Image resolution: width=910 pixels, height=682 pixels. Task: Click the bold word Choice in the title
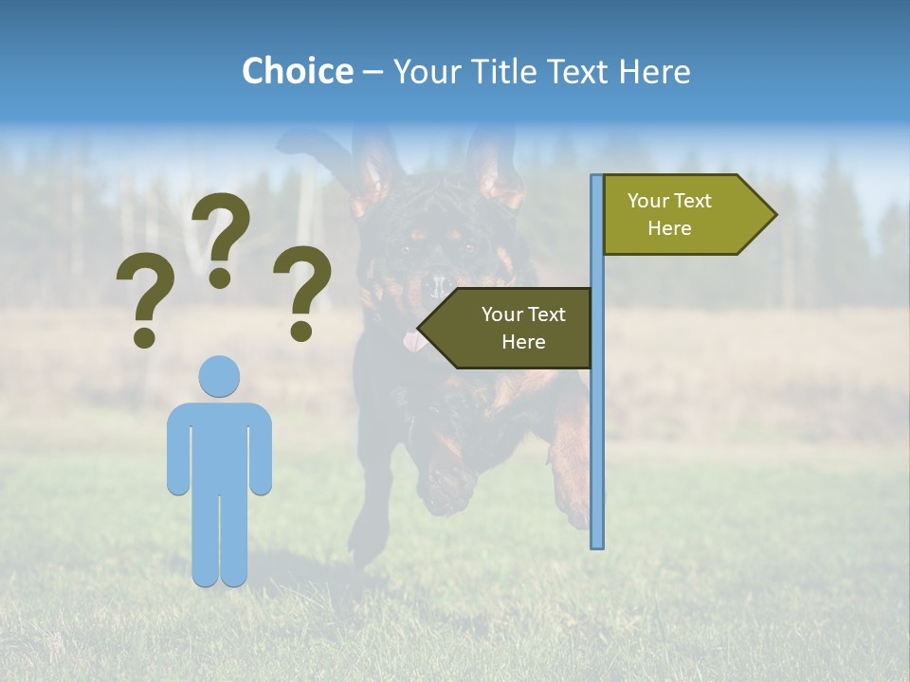tap(297, 71)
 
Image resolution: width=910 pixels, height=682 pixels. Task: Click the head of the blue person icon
tap(219, 376)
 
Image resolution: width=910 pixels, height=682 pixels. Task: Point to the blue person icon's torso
tap(219, 445)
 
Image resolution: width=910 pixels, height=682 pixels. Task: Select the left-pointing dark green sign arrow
tap(507, 328)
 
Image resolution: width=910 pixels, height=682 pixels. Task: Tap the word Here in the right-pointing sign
tap(669, 228)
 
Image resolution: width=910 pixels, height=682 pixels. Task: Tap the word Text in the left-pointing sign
tap(545, 314)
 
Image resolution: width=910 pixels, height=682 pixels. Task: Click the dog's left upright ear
tap(373, 170)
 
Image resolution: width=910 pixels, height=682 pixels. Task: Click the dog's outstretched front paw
tap(446, 488)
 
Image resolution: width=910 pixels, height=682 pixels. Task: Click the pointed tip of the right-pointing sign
tap(774, 215)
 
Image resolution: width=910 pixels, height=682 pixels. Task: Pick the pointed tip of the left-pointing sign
tap(420, 329)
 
